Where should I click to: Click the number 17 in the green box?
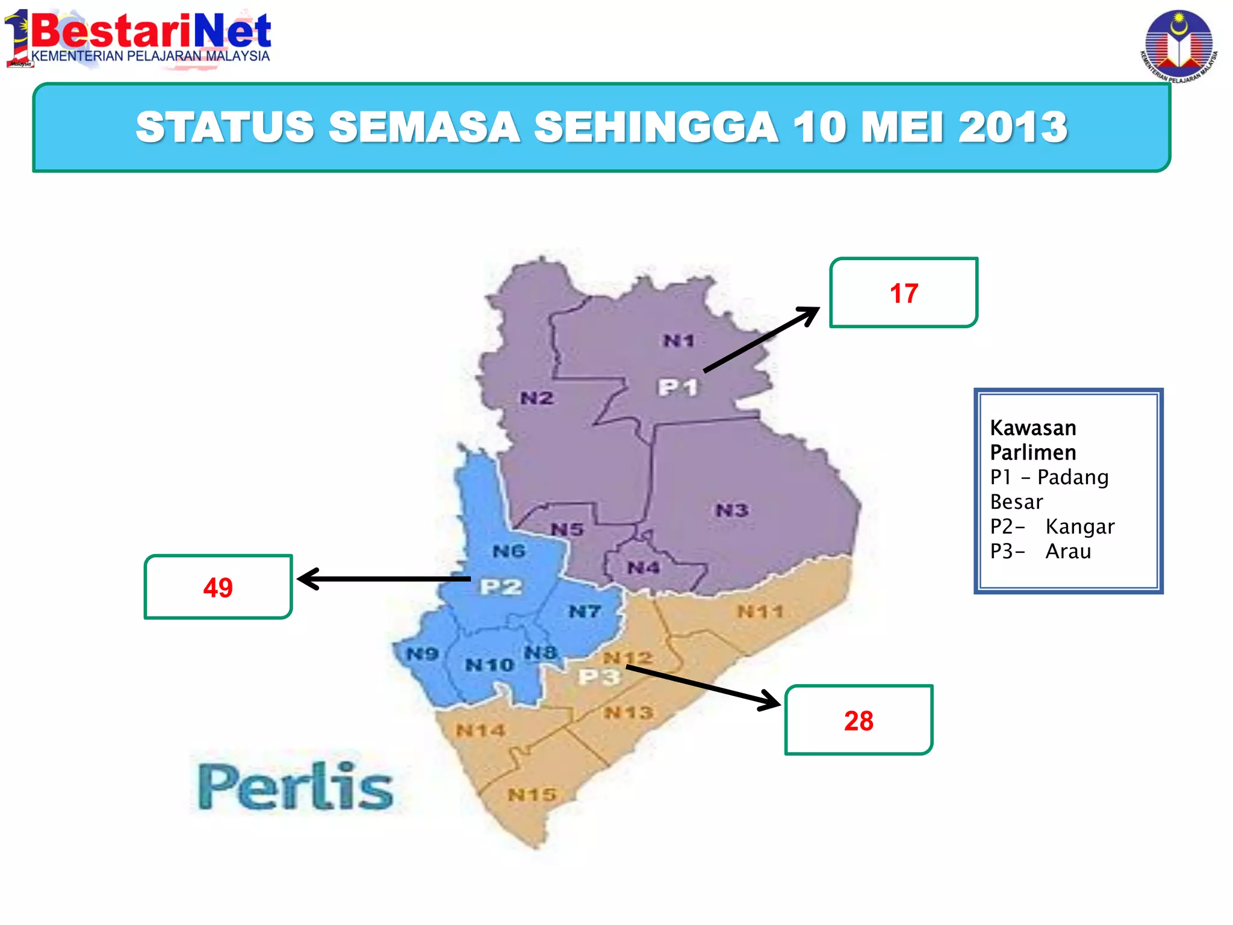click(x=904, y=294)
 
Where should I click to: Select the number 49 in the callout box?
click(x=218, y=588)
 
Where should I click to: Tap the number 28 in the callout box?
click(x=859, y=721)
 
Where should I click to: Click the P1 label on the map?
click(x=678, y=387)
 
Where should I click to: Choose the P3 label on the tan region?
click(x=599, y=677)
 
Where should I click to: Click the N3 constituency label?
click(x=732, y=511)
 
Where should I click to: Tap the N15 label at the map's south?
click(x=532, y=795)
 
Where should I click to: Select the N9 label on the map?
click(x=422, y=653)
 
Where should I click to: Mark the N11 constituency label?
click(x=760, y=612)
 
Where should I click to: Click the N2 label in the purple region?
click(x=537, y=398)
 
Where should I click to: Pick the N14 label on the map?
click(x=480, y=730)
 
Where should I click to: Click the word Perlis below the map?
click(x=296, y=787)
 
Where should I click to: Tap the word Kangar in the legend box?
click(x=1080, y=527)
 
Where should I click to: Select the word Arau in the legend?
click(x=1068, y=552)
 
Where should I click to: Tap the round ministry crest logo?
click(x=1178, y=45)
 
